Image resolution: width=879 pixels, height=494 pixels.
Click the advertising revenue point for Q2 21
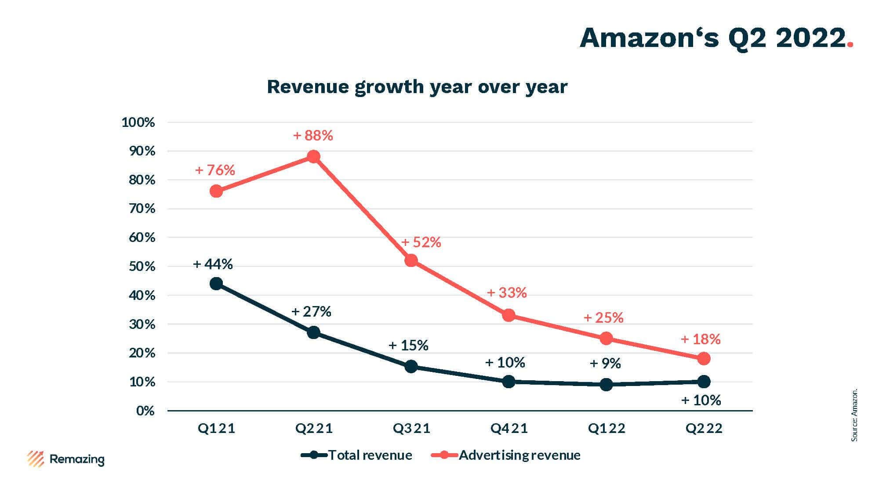pyautogui.click(x=313, y=157)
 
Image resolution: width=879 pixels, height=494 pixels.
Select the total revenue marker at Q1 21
pyautogui.click(x=216, y=284)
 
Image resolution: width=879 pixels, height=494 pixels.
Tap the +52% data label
pyautogui.click(x=421, y=242)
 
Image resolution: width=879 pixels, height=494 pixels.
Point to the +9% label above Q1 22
pyautogui.click(x=605, y=364)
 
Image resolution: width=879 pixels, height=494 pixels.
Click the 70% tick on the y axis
pyautogui.click(x=142, y=209)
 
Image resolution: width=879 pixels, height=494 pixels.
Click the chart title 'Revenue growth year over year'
pyautogui.click(x=417, y=87)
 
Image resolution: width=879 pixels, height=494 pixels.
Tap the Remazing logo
pyautogui.click(x=66, y=459)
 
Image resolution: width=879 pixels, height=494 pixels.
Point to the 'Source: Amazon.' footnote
pyautogui.click(x=854, y=415)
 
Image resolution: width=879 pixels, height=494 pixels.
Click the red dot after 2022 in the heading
pyautogui.click(x=850, y=45)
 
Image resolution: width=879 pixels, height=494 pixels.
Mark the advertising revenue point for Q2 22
pyautogui.click(x=704, y=359)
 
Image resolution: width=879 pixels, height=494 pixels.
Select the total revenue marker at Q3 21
pyautogui.click(x=411, y=367)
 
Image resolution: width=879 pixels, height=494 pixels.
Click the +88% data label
pyautogui.click(x=313, y=136)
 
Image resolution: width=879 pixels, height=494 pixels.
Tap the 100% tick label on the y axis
pyautogui.click(x=138, y=123)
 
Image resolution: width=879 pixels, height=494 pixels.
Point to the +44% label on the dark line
pyautogui.click(x=213, y=264)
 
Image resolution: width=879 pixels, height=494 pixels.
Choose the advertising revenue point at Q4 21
pyautogui.click(x=509, y=315)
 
